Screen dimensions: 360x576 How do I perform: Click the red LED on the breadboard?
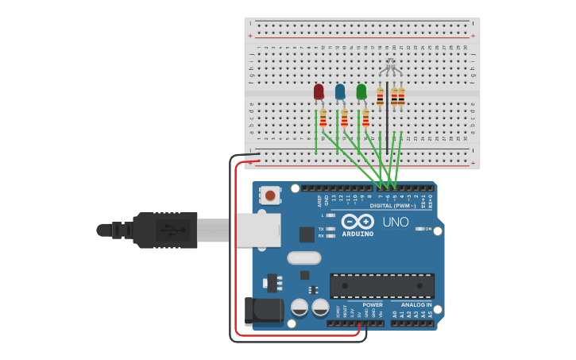[319, 92]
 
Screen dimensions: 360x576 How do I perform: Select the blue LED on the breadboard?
[340, 92]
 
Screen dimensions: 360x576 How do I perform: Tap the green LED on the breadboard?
[361, 92]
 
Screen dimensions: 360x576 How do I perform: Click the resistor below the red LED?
[323, 118]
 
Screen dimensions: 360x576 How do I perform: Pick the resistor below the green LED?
[365, 118]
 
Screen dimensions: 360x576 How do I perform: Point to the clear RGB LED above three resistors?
[390, 69]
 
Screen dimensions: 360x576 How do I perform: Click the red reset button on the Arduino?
[271, 195]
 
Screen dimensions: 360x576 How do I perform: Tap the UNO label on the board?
[396, 222]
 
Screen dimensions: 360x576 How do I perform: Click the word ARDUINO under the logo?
[358, 234]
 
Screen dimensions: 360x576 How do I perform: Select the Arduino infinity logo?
[358, 222]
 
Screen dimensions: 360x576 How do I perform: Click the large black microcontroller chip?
[382, 285]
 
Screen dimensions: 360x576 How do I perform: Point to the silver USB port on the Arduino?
[257, 230]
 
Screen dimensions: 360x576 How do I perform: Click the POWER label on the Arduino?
[372, 304]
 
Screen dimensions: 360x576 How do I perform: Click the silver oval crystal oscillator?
[303, 257]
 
